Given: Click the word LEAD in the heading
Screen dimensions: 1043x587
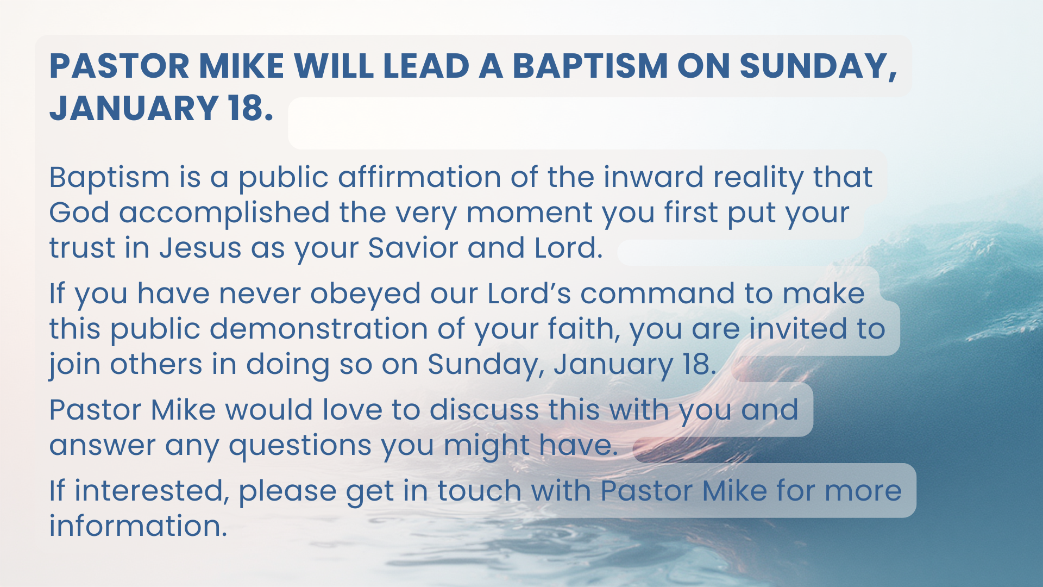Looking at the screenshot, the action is [x=426, y=66].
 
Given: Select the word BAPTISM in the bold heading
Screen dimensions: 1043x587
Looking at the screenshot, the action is [x=590, y=66].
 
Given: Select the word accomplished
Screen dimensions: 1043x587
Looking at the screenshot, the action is [x=224, y=213].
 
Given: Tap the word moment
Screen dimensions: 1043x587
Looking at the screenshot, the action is [x=530, y=213].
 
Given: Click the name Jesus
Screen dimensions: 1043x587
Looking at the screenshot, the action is [x=200, y=248].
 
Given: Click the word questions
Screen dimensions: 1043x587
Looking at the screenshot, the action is [x=300, y=446].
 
